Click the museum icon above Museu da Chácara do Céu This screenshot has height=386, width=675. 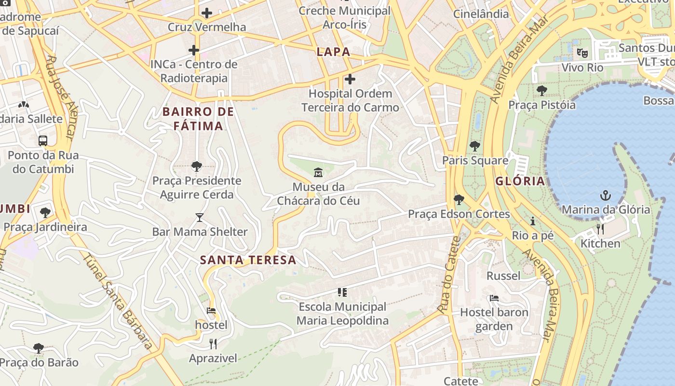click(318, 172)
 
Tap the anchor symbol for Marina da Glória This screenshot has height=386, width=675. click(605, 195)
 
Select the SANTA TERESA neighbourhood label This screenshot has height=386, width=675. click(248, 260)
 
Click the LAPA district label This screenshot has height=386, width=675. click(333, 52)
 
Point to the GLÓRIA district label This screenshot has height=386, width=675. click(520, 181)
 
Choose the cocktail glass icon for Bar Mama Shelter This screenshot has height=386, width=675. click(200, 218)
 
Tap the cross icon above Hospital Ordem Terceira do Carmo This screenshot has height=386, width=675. click(350, 79)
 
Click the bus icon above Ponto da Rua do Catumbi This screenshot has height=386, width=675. click(43, 141)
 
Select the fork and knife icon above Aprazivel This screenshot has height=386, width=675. click(213, 344)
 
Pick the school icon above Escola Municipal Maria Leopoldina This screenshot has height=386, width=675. click(342, 292)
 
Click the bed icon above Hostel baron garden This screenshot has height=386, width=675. click(494, 298)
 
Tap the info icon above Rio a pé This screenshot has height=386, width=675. click(533, 221)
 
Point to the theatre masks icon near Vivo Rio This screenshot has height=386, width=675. click(582, 53)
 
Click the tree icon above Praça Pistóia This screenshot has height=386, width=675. click(542, 90)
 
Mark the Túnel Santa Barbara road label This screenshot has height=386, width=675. click(119, 301)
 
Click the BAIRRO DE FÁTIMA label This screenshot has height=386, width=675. click(198, 119)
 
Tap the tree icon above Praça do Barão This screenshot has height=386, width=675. click(39, 348)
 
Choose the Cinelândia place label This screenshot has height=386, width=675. click(481, 14)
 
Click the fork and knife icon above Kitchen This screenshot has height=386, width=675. click(600, 229)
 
